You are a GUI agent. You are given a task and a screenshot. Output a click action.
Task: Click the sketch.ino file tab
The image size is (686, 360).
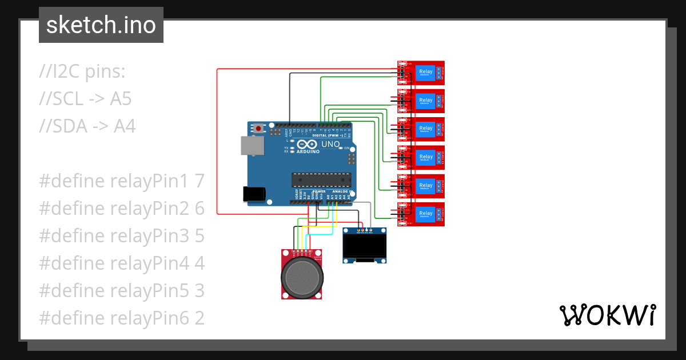[x=101, y=25]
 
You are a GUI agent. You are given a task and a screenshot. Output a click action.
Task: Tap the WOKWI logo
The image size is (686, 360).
[x=607, y=315]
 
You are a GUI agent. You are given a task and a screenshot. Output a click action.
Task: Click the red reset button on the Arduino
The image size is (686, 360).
[x=259, y=129]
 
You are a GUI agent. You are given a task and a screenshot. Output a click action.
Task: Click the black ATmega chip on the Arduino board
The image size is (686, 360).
[x=320, y=180]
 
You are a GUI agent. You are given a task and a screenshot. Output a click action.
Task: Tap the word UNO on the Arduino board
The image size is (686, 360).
[x=330, y=145]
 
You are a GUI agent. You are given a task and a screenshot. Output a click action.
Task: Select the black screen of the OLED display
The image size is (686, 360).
[x=364, y=246]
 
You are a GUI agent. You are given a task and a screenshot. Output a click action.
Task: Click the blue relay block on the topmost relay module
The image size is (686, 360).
[x=426, y=73]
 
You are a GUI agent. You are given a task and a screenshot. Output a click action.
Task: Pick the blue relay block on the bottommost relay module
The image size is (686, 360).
[x=426, y=214]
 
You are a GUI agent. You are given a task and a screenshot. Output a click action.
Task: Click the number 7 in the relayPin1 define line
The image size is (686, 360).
[x=199, y=181]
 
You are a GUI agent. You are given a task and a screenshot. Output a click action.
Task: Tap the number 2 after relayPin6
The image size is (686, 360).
[x=199, y=318]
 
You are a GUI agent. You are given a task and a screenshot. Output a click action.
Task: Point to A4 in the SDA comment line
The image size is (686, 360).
[x=125, y=126]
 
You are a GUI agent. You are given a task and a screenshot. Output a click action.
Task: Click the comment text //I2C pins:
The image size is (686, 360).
[x=82, y=72]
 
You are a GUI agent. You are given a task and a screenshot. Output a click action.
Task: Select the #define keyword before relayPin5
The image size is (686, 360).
[x=71, y=291]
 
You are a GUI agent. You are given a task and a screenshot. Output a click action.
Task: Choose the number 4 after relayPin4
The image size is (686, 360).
[x=199, y=263]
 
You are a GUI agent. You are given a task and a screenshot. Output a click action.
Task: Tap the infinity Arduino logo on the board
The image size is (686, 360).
[x=306, y=145]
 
